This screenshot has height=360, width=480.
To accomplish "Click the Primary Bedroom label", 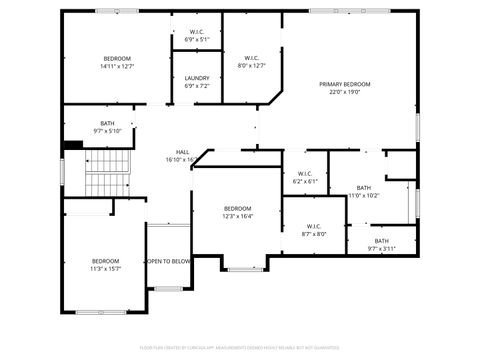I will pos(345,84).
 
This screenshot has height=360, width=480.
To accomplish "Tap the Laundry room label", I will pos(196,78).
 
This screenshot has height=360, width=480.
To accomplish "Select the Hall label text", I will pos(183,152).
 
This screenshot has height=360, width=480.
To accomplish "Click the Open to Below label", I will pos(169,261).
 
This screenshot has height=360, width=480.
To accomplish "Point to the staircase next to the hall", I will pos(107,173).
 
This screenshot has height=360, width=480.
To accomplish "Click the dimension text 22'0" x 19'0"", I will pos(345,91).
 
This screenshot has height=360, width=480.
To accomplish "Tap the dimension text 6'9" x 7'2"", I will pos(196,86).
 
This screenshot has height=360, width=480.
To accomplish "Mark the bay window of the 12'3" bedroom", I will pos(244,268).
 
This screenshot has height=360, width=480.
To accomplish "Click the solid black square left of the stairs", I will pos(71,145).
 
